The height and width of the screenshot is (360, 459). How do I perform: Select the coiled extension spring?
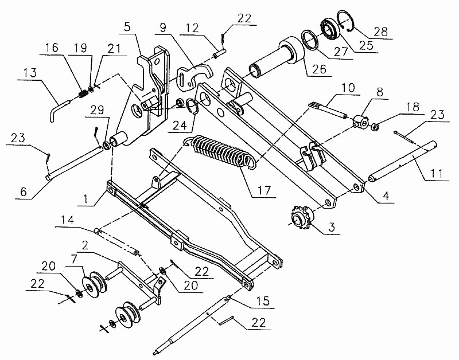[221, 152]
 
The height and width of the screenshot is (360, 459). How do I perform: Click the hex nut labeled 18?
[374, 125]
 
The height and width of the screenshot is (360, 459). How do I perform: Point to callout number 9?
[163, 27]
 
